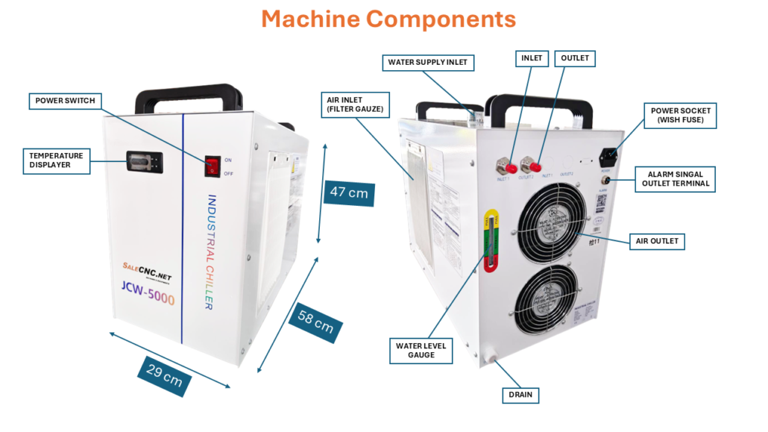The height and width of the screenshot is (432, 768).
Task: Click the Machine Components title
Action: pyautogui.click(x=388, y=19)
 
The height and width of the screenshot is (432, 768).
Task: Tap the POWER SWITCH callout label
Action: pyautogui.click(x=66, y=101)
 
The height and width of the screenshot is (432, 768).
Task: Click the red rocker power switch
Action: pyautogui.click(x=212, y=166)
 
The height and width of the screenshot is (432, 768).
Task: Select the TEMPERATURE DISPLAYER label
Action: pyautogui.click(x=55, y=160)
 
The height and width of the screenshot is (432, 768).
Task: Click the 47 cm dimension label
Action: pyautogui.click(x=348, y=192)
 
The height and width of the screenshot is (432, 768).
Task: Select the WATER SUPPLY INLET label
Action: pyautogui.click(x=428, y=63)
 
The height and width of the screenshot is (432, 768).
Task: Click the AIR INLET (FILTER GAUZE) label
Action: pyautogui.click(x=355, y=104)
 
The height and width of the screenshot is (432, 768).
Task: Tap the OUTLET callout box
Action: pyautogui.click(x=575, y=58)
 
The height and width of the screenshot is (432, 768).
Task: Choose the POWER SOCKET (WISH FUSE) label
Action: pyautogui.click(x=682, y=115)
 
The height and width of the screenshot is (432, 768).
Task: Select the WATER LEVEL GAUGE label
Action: pyautogui.click(x=421, y=350)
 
